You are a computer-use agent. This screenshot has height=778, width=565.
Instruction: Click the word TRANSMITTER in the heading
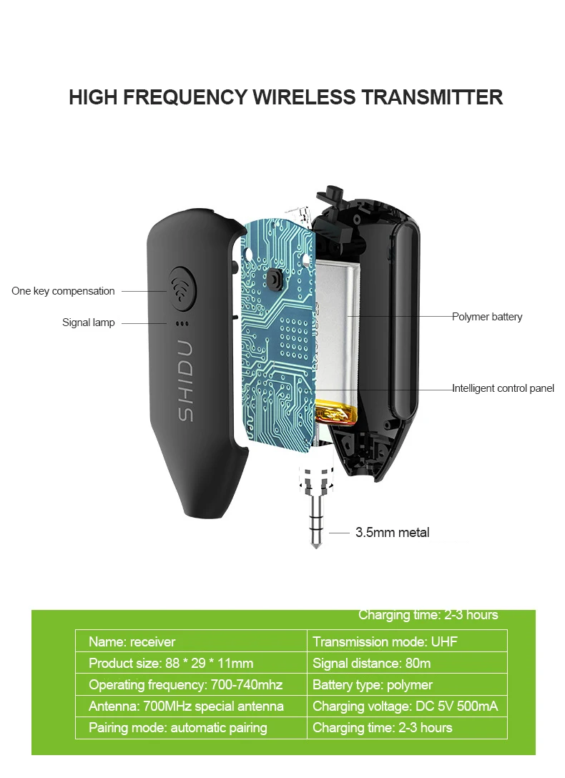click(431, 97)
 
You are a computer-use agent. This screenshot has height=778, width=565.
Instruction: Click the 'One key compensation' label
click(63, 291)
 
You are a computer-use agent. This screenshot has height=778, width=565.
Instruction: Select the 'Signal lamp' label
click(88, 322)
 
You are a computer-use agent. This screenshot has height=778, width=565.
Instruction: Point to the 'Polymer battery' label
click(487, 317)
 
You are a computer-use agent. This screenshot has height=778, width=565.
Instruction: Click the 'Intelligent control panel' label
click(503, 388)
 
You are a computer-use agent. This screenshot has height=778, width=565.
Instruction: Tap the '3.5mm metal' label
click(392, 533)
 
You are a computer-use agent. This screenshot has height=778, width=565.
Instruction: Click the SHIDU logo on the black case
click(185, 380)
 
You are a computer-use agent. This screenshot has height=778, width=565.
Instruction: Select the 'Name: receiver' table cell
click(132, 641)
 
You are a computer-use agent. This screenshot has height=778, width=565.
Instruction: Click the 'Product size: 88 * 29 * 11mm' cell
click(171, 663)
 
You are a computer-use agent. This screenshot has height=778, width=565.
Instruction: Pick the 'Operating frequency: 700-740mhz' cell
click(185, 685)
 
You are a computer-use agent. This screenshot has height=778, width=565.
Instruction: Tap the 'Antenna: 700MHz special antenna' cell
click(186, 706)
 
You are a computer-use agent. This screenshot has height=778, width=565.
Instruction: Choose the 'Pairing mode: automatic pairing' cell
click(177, 728)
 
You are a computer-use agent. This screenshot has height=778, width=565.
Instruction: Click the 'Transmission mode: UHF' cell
click(385, 641)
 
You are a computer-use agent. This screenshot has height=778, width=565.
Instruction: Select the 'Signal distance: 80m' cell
click(372, 663)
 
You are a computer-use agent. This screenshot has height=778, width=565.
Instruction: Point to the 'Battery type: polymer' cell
click(373, 685)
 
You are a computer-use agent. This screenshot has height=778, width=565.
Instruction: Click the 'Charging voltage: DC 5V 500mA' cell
click(405, 706)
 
